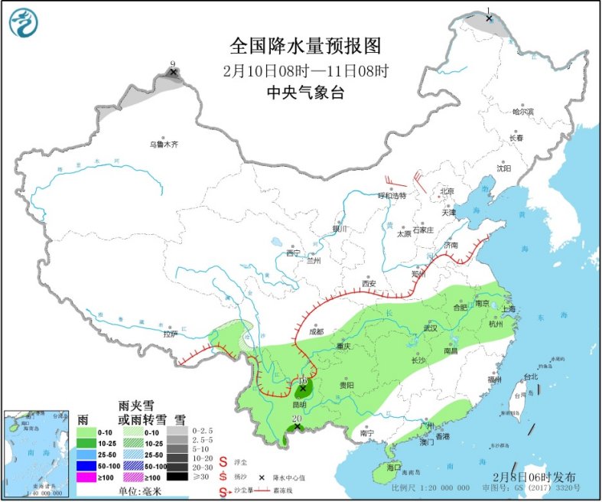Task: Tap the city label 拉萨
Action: [170, 334]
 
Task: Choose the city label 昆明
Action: [298, 404]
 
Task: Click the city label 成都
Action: [316, 332]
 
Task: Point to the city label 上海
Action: [507, 308]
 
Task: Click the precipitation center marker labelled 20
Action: [298, 427]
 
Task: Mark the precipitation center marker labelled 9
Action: [174, 72]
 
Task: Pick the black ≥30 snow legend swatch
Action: [177, 477]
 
